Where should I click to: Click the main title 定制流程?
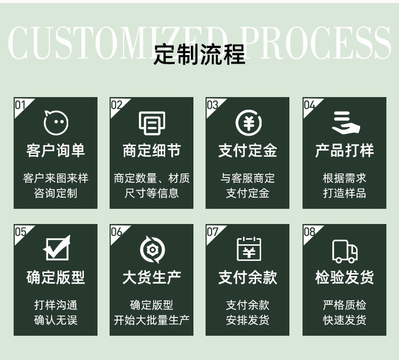199,54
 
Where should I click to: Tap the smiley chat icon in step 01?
56,123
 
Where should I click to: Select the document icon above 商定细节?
152,123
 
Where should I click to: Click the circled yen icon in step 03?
248,123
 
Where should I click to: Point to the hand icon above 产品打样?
345,123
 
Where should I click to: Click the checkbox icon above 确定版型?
56,249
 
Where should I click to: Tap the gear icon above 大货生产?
152,249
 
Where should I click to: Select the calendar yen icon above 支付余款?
248,249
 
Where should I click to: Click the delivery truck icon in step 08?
345,250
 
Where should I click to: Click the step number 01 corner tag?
21,105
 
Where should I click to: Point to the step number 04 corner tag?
309,105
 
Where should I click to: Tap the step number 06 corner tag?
117,232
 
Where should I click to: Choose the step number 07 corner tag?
213,232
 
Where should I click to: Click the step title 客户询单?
56,151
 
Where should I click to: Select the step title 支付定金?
247,151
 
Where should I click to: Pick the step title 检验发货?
344,277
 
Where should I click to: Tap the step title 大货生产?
152,277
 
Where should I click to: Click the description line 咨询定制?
56,193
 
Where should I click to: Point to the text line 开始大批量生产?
152,320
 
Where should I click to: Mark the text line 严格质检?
344,305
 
